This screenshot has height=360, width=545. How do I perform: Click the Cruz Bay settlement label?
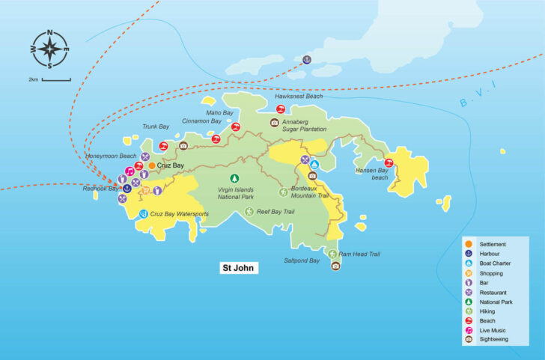(x=171, y=165)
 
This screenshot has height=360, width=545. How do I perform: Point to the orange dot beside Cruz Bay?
(x=152, y=165)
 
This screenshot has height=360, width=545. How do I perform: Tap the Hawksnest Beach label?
(x=299, y=97)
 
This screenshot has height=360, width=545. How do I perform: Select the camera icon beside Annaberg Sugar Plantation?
(x=275, y=121)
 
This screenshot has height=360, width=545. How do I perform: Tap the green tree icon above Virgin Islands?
(x=234, y=178)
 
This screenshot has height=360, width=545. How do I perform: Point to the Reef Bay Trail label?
(x=275, y=212)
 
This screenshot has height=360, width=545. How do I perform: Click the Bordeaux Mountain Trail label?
(x=309, y=192)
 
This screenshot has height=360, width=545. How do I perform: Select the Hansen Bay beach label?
(x=370, y=174)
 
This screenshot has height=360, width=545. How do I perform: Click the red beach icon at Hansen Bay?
(x=389, y=163)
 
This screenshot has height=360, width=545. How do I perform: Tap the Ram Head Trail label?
(x=359, y=254)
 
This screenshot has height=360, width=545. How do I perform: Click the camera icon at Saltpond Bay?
(x=336, y=265)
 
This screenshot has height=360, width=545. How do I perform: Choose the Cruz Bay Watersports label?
(x=179, y=214)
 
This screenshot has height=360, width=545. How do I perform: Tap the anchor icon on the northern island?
(x=306, y=59)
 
